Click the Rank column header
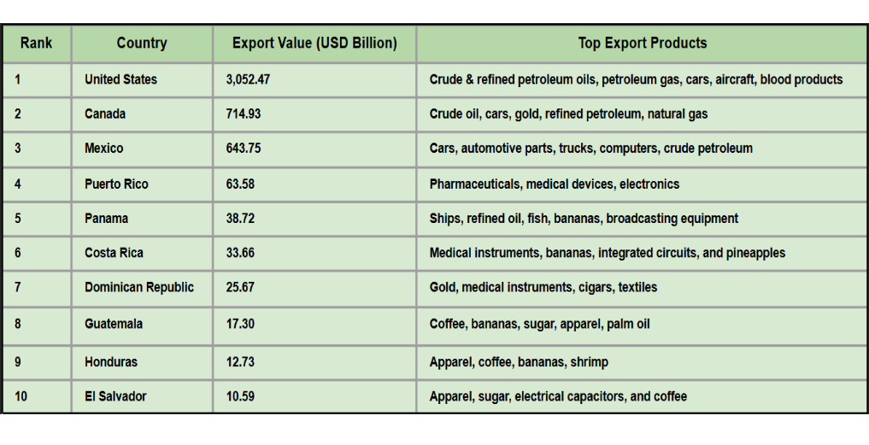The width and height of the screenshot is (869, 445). click(37, 44)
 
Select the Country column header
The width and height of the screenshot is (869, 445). click(142, 44)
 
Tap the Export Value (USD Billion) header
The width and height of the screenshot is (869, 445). click(314, 44)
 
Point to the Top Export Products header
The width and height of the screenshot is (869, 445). click(642, 44)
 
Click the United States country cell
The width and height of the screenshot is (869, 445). click(120, 79)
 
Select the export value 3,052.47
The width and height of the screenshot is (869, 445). click(248, 79)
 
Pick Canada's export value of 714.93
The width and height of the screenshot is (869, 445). click(244, 114)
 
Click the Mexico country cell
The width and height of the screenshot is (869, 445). click(103, 149)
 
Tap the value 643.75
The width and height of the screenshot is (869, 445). click(244, 149)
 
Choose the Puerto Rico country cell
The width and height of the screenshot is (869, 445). click(116, 184)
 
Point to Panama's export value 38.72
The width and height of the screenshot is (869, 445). click(240, 219)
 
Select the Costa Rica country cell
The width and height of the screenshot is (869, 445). click(114, 253)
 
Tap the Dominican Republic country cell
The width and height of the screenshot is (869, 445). click(139, 287)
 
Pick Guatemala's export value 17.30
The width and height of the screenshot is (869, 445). click(240, 325)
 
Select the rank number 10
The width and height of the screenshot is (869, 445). click(21, 396)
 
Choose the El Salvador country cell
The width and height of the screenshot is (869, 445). click(115, 396)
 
